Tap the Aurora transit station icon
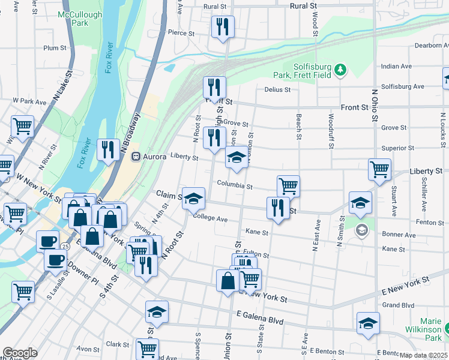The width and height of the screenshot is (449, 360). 136,157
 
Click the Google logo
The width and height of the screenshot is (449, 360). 20,353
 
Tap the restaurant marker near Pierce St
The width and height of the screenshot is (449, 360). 222,27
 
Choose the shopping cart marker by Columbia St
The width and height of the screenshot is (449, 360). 288,185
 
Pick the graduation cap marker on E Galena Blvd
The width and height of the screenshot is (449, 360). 157,311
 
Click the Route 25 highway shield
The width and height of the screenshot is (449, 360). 64,247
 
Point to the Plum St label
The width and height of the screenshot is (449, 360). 54,48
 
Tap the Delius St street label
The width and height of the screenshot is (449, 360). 277,90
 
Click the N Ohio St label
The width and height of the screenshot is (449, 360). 375,106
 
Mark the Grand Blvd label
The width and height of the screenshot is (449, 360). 399,305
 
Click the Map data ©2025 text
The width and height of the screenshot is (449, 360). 423,355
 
